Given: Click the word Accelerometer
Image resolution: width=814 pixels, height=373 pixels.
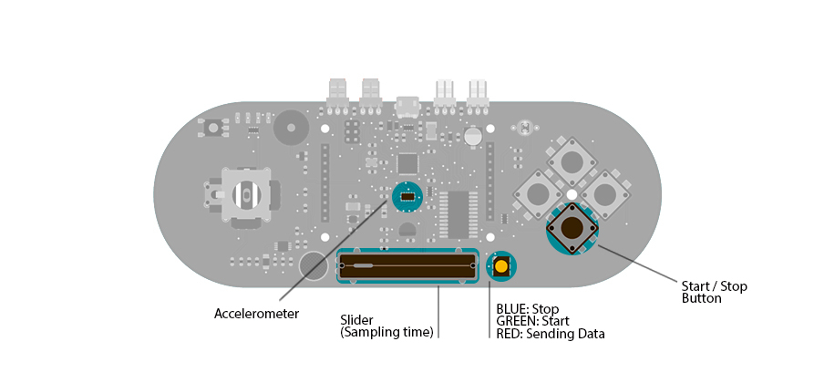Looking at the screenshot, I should (256, 314).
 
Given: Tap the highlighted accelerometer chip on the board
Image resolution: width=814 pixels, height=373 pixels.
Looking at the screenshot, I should (407, 196).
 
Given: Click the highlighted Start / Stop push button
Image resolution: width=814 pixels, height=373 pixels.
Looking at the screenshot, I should (572, 228).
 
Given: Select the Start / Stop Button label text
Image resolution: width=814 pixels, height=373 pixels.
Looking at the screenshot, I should (714, 292).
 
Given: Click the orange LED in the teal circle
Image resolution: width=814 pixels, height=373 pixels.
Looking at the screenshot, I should (500, 266).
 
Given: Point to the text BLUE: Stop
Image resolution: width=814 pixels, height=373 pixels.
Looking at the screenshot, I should (527, 309).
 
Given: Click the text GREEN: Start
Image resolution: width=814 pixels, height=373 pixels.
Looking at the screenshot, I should (533, 322).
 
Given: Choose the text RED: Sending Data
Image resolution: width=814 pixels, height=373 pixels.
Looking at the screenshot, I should (550, 335).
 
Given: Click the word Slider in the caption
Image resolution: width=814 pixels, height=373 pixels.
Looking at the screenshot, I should (356, 320).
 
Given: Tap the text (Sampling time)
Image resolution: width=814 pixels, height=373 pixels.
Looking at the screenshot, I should (386, 333).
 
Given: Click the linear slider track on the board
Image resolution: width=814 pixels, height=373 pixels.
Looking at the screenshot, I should (407, 265).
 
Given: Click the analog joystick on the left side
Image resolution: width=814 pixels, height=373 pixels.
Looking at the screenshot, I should (243, 195).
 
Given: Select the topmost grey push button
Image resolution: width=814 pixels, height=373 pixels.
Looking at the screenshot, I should (572, 162).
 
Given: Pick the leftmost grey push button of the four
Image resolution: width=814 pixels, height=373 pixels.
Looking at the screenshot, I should (538, 194).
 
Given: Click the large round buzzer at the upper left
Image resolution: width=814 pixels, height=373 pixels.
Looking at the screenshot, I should (291, 128).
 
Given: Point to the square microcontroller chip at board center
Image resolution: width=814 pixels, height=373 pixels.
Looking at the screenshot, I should (407, 164).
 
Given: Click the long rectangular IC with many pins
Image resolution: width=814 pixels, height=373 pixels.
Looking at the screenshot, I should (458, 214).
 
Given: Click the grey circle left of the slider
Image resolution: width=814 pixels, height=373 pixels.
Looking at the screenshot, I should (313, 265).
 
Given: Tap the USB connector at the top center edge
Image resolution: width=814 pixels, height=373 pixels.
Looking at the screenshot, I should (407, 108).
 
